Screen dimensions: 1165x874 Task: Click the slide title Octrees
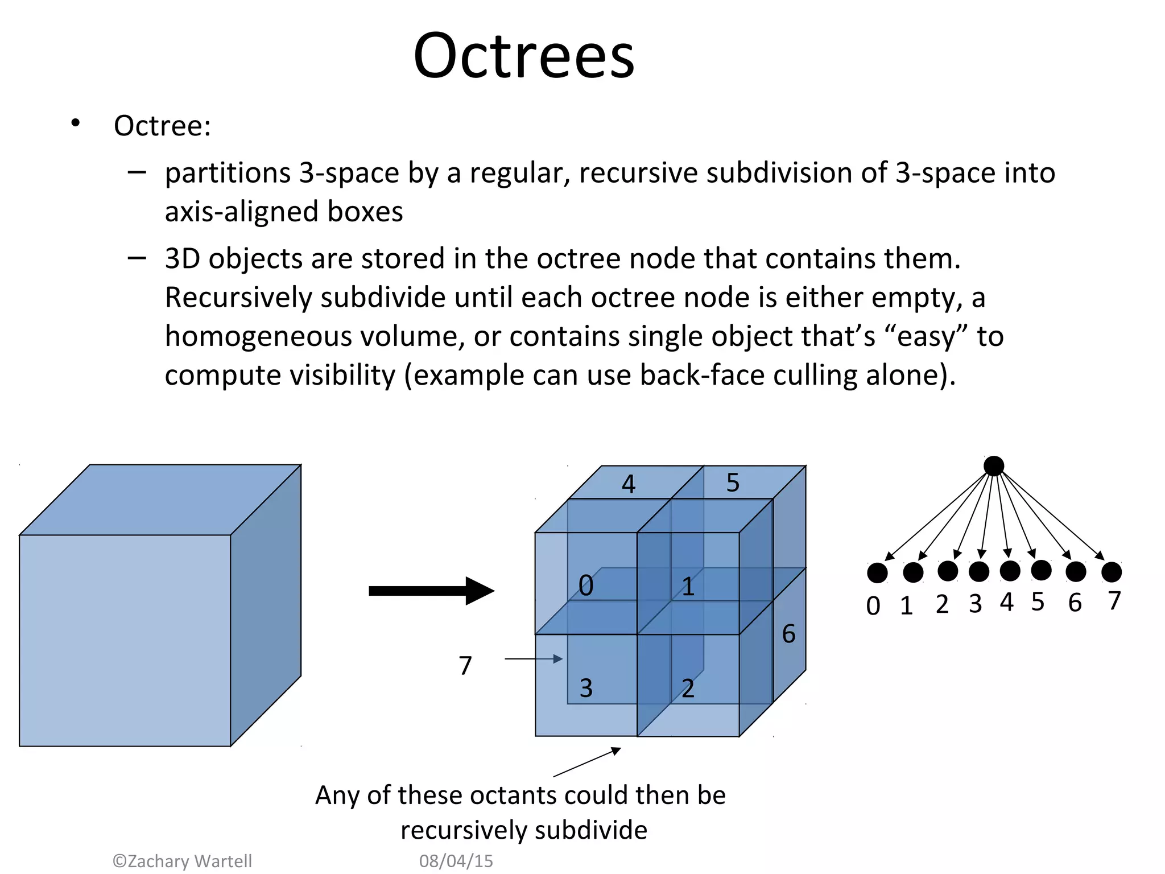click(x=523, y=56)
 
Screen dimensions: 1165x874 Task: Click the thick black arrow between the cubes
click(x=431, y=591)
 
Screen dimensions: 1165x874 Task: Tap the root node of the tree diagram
click(x=994, y=466)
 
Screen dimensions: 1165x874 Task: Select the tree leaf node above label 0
click(x=877, y=573)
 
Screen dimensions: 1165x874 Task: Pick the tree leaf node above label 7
click(x=1112, y=572)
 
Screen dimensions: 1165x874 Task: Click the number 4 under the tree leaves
click(x=1007, y=602)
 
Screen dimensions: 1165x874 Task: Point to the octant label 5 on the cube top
click(x=733, y=483)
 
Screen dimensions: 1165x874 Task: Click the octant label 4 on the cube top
click(x=628, y=484)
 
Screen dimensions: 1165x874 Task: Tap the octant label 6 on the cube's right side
click(x=788, y=634)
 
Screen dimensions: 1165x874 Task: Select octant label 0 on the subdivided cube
click(x=586, y=586)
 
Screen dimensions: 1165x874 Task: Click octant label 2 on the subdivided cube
click(x=688, y=689)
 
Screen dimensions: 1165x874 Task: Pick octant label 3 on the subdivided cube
click(x=586, y=688)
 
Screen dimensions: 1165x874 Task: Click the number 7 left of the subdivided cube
click(x=465, y=665)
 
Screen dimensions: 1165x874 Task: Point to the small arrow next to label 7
click(x=534, y=659)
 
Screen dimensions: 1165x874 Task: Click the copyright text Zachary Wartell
click(x=183, y=861)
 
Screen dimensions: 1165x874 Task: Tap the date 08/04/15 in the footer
click(x=456, y=861)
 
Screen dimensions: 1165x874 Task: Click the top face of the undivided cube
click(x=159, y=500)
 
